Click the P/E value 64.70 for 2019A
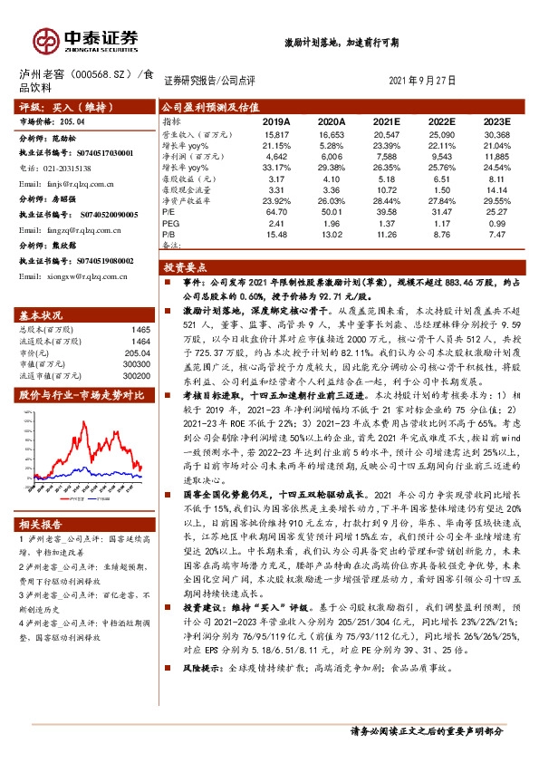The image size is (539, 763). [277, 210]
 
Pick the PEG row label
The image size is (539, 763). [171, 222]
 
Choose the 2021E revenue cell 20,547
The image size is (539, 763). [386, 133]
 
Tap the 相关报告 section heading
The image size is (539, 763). [41, 524]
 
